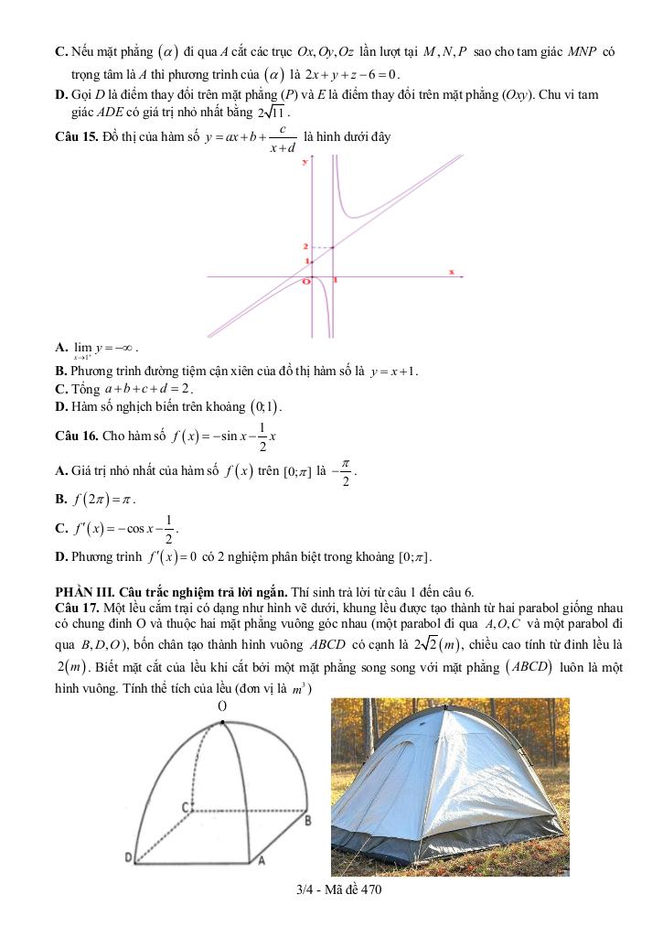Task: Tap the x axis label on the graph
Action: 451,272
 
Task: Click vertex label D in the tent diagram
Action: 130,857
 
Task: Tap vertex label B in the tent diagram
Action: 308,821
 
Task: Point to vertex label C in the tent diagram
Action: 185,807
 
